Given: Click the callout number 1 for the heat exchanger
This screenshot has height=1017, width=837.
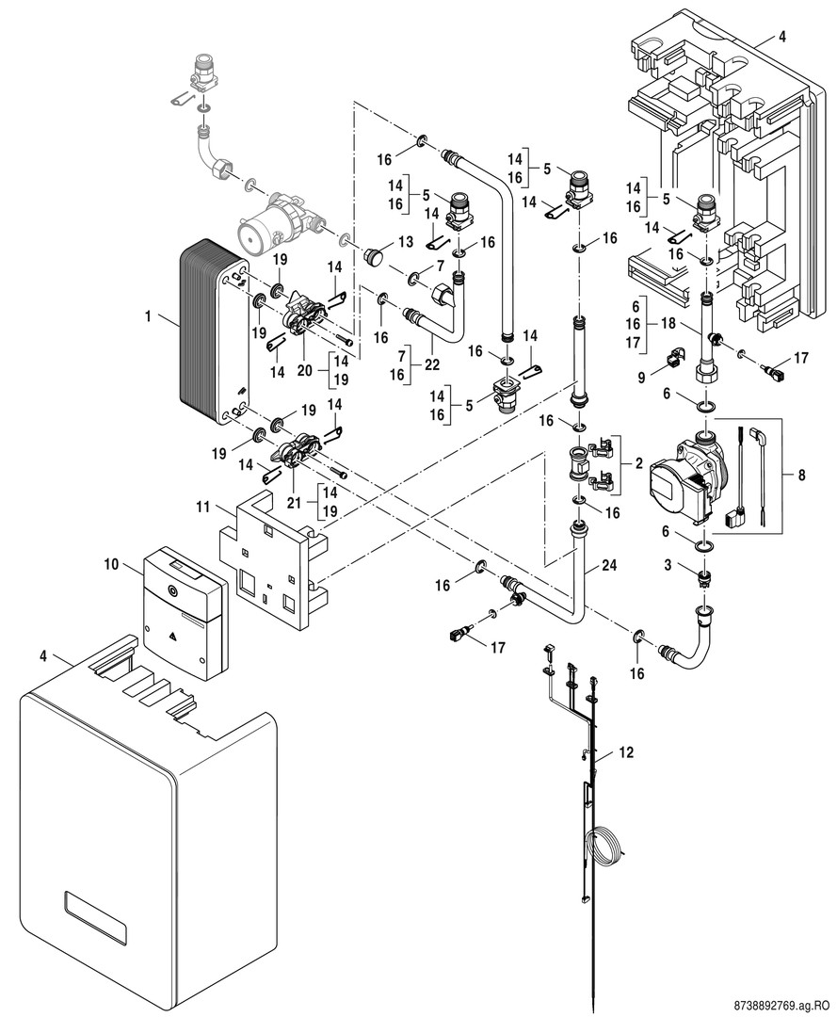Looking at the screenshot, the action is coord(148,315).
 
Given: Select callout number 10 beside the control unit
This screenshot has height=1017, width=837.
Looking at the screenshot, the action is coord(111,564).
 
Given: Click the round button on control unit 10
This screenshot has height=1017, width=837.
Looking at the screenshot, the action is coord(171,590).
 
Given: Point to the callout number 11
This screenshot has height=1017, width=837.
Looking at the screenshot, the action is coord(204,506).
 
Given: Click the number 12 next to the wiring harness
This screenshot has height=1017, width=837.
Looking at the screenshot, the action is coord(626,752).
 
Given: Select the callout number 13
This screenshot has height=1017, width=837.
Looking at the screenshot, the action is coord(406,242).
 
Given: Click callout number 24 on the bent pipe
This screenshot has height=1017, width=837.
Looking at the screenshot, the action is coord(609,565).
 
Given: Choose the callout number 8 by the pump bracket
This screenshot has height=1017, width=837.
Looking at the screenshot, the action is coord(802,475).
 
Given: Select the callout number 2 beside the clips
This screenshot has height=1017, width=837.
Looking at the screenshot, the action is coord(638,463).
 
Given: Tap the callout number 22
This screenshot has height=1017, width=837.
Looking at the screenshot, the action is coord(432,365).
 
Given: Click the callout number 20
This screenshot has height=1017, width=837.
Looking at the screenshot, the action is coord(305,370).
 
